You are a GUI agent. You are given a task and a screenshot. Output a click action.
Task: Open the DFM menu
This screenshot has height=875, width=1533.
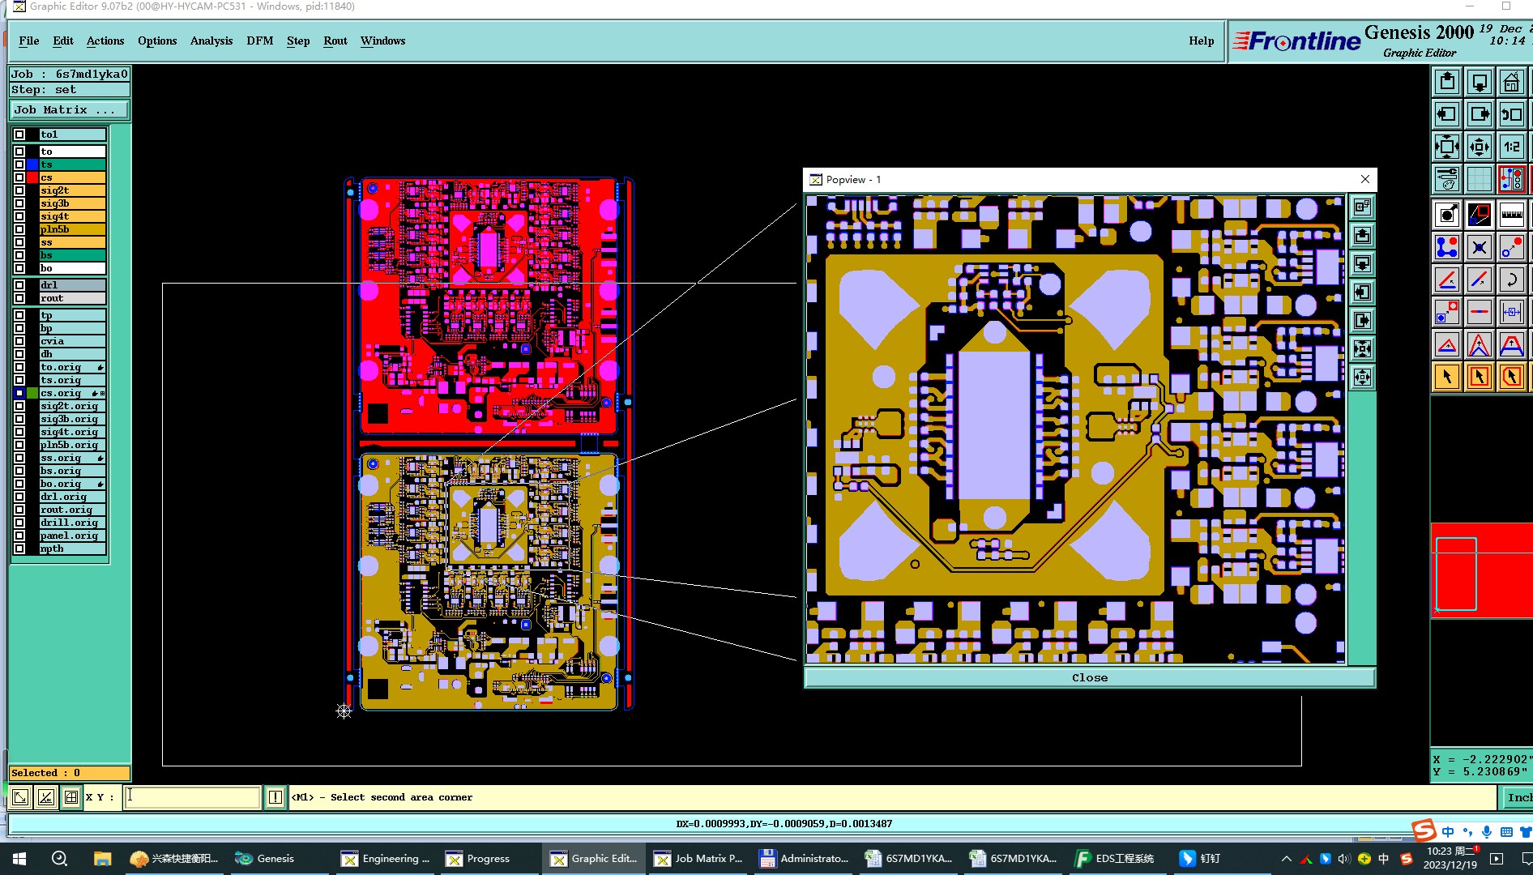point(259,41)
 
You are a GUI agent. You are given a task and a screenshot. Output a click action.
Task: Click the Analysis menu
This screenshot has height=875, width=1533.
point(211,41)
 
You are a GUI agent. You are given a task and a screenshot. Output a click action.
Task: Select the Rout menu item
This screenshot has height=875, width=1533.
point(335,41)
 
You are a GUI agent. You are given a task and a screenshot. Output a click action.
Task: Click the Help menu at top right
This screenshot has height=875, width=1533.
point(1201,41)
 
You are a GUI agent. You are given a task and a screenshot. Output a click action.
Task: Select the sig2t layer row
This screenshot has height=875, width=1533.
point(72,190)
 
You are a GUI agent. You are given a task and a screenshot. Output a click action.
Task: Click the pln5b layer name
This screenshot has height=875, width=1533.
point(72,229)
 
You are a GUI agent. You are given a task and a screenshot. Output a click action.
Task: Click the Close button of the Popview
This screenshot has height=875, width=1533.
point(1089,678)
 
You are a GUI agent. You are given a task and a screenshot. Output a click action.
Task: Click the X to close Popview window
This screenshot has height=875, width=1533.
point(1365,179)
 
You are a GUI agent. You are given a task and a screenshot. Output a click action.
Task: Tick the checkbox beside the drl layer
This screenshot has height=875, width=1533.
point(19,285)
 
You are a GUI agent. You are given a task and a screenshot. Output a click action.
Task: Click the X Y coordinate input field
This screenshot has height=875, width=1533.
point(193,797)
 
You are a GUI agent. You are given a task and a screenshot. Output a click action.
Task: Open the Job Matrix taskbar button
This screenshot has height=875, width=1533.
point(698,859)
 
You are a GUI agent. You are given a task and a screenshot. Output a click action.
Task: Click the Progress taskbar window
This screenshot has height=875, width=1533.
point(478,859)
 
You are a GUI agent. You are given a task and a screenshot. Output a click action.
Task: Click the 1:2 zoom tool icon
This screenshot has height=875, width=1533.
point(1511,147)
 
